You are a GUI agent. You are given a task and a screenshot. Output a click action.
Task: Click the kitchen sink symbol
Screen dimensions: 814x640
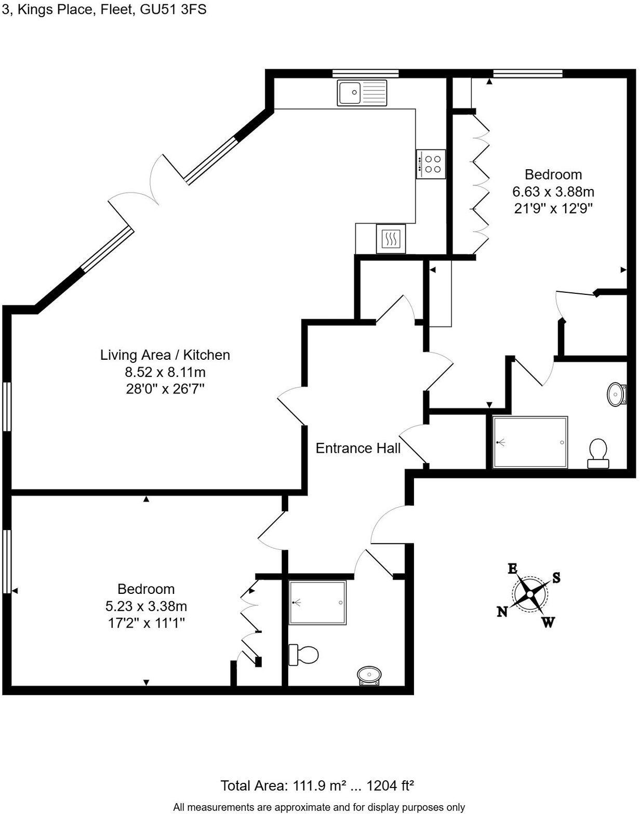coord(362,92)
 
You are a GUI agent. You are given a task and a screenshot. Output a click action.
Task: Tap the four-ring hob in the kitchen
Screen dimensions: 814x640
coord(431,164)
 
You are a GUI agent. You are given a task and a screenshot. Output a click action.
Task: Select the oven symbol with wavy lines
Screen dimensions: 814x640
coord(391,239)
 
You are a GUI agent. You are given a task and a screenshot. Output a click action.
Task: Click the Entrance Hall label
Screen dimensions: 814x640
coord(358,448)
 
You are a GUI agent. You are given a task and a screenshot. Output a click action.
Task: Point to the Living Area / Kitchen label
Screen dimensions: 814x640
coord(165,355)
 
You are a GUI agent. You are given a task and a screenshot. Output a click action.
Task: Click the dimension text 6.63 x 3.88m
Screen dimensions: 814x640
coord(553,192)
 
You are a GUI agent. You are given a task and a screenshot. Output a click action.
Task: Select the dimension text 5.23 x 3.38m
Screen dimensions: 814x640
coord(146,606)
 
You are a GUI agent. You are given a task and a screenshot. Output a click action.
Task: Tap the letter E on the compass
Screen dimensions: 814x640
coord(512,568)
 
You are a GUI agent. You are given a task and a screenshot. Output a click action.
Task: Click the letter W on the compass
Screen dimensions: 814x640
coord(548,622)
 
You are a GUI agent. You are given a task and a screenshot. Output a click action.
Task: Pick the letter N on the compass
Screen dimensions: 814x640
coord(502,612)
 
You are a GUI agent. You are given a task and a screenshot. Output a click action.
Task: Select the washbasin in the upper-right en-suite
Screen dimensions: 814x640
coord(617,394)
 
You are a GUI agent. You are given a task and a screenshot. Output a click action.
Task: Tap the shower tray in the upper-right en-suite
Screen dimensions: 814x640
coord(530,442)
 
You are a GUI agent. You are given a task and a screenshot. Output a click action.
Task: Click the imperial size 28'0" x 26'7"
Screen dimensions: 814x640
coord(165,389)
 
